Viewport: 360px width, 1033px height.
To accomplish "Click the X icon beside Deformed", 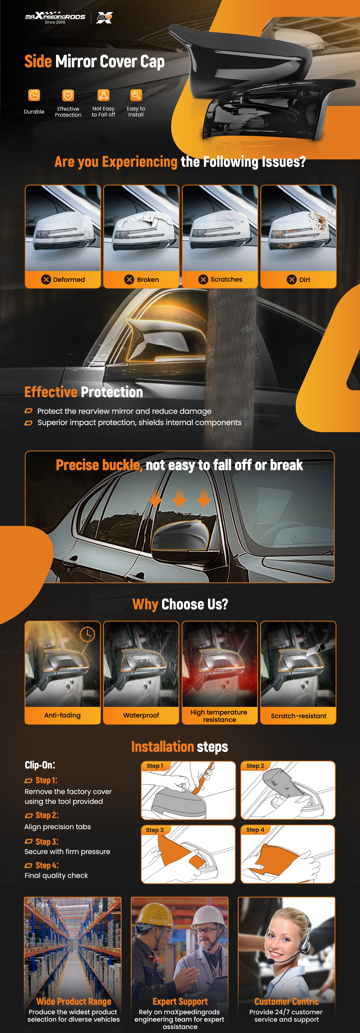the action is point(46,279).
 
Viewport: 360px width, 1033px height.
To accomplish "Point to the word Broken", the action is point(148,279).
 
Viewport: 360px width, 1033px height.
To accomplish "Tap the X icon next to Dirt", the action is point(291,279).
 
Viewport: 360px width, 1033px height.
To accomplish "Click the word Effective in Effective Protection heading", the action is point(51,392).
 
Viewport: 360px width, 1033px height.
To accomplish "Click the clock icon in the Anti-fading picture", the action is point(87,634).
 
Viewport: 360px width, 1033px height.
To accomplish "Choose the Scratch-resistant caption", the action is point(299,716).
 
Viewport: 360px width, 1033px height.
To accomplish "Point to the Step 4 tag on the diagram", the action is point(255,830).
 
